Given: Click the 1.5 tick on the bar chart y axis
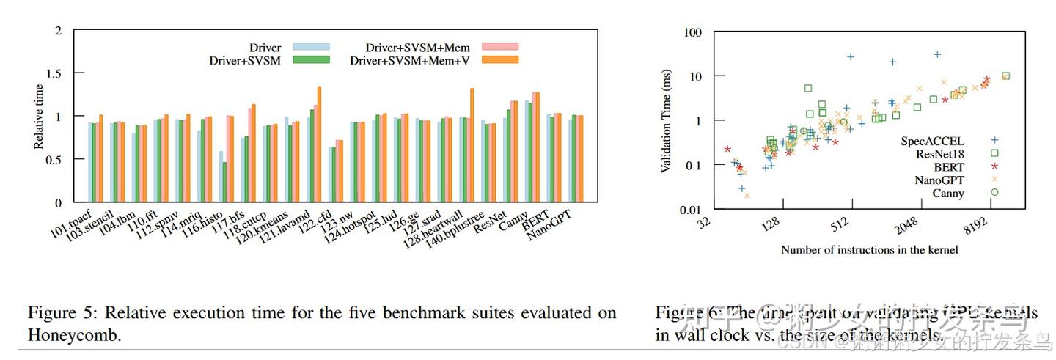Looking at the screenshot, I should coord(58,73).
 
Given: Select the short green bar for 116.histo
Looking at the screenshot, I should coord(225,182).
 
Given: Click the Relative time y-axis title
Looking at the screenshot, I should coord(38,117).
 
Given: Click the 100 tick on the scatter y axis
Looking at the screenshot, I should coord(692,32).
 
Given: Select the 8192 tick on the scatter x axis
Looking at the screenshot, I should coord(987,227).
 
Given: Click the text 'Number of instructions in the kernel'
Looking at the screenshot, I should coord(869,250).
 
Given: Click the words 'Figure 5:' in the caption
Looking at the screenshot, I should coord(60,313).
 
